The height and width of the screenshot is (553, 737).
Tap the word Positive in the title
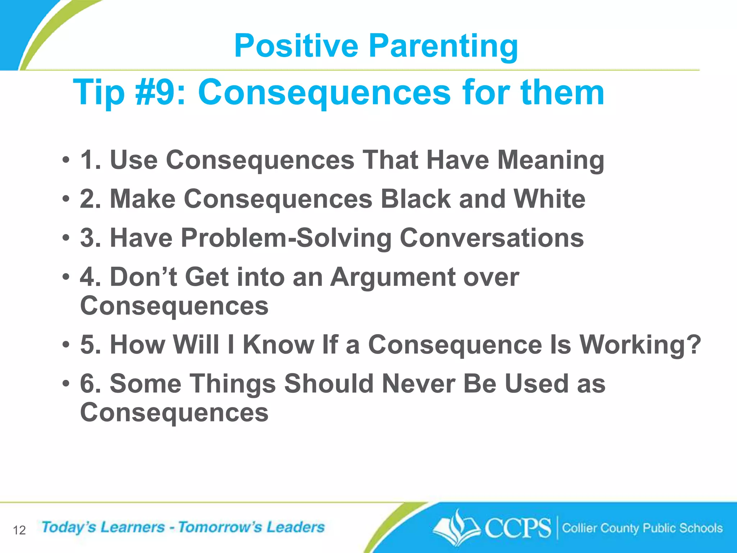point(296,46)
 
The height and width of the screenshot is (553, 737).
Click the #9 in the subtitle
point(160,93)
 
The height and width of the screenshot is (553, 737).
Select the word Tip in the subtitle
point(99,93)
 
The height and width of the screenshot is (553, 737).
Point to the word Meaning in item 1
point(551,160)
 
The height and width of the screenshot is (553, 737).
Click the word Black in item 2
point(416,199)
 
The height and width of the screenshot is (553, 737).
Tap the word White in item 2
point(549,199)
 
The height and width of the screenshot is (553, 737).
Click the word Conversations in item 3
point(492,238)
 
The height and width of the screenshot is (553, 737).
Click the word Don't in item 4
point(143,277)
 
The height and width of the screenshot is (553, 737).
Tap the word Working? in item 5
point(640,345)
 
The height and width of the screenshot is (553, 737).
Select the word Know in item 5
point(278,345)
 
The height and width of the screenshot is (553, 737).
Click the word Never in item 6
point(419,384)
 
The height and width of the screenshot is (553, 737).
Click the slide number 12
point(19,530)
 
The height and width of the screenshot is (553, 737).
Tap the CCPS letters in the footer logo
point(517,528)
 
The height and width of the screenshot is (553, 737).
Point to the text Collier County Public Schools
point(642,528)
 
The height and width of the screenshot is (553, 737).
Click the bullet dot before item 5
point(65,345)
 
